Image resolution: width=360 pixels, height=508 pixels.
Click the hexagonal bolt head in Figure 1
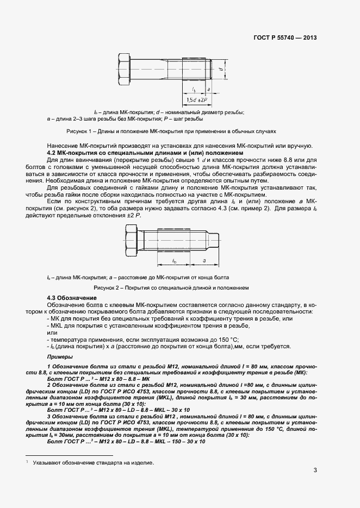point(123,70)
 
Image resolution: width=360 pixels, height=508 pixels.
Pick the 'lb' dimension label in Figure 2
point(174,261)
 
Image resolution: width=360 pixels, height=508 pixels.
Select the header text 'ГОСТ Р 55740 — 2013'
point(285,38)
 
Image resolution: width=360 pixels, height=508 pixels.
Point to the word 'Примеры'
point(60,356)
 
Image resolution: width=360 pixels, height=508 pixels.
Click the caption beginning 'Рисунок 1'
point(171,131)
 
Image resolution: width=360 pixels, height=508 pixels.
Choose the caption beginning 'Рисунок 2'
point(171,287)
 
